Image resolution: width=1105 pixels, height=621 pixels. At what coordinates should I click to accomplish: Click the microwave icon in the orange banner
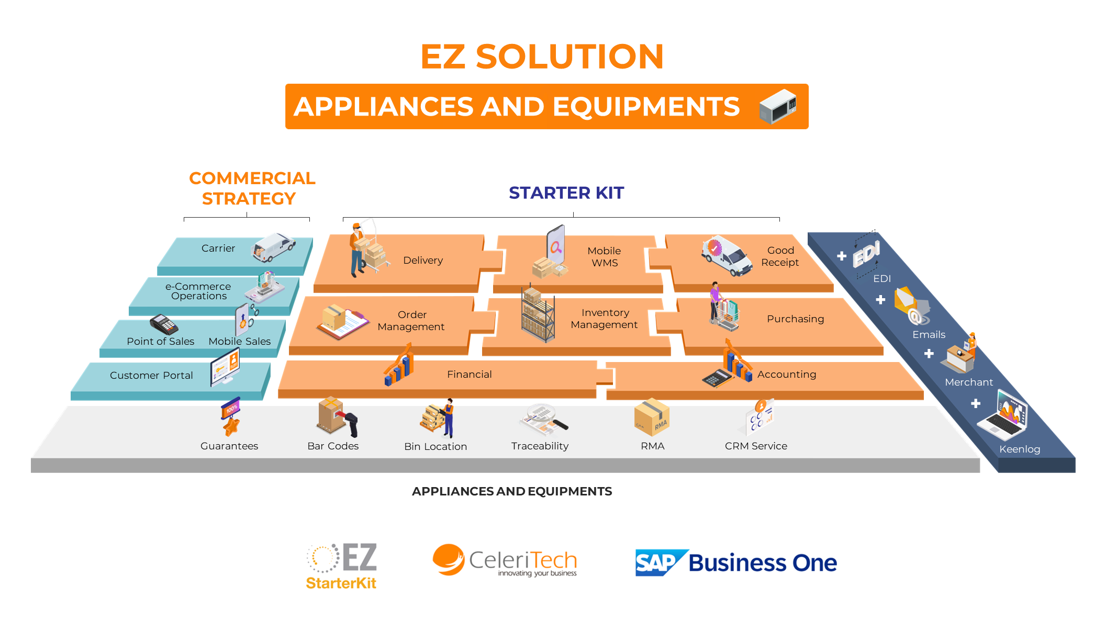click(778, 106)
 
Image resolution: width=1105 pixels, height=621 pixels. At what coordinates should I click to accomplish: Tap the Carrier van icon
click(273, 247)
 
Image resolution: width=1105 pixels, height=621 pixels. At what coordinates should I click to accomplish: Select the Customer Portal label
click(151, 375)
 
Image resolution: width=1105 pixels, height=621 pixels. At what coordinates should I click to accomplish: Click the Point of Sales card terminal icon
click(164, 324)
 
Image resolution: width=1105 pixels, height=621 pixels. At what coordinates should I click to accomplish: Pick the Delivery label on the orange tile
click(423, 260)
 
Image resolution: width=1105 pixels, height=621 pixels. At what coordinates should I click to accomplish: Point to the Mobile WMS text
click(604, 256)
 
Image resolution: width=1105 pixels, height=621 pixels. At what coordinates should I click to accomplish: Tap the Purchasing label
click(795, 319)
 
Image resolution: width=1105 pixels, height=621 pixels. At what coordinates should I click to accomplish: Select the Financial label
click(469, 374)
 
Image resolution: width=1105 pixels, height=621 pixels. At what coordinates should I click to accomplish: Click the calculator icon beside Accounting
click(716, 377)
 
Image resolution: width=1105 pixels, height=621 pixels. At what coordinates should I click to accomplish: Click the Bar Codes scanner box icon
click(337, 416)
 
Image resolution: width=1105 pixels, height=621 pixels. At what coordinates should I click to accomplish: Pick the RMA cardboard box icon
click(651, 418)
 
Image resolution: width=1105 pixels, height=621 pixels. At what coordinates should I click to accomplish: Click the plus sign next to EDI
click(842, 256)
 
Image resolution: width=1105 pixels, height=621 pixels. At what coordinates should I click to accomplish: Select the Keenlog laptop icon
click(1005, 416)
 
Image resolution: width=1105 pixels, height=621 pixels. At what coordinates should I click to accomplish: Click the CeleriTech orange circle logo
click(449, 559)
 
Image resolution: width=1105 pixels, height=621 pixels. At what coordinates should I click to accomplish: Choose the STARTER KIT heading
click(566, 193)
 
